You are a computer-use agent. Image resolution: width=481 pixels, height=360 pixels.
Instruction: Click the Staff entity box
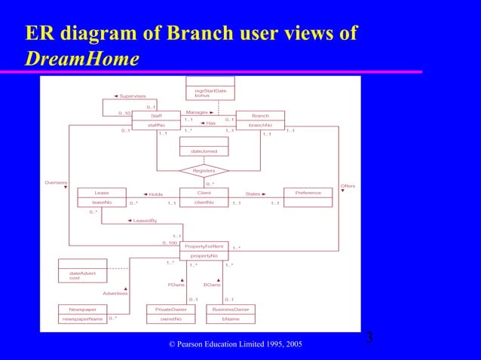(x=156, y=121)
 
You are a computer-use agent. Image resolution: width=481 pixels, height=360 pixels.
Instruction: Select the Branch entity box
(x=260, y=121)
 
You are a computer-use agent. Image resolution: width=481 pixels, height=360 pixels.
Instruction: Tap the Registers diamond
(x=204, y=171)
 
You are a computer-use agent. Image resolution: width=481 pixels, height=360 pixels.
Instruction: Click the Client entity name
(x=204, y=193)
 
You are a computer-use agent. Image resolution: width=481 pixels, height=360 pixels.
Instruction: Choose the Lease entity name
(x=101, y=193)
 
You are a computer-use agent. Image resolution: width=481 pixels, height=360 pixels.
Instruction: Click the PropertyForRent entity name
(x=204, y=246)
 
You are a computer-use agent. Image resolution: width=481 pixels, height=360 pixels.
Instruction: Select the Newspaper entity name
(x=82, y=309)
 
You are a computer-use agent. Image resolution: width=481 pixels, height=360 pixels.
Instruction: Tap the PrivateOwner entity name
(x=170, y=309)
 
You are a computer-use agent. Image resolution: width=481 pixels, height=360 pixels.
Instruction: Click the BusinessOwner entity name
(x=231, y=309)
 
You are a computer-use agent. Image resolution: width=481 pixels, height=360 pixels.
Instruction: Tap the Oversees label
(x=55, y=182)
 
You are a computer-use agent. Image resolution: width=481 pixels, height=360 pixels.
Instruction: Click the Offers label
(x=348, y=185)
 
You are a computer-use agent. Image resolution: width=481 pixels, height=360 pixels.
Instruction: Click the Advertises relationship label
(x=115, y=292)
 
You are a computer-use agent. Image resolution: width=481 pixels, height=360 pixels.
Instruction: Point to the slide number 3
(x=369, y=336)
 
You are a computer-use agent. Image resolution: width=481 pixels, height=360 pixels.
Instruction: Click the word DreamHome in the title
(x=81, y=57)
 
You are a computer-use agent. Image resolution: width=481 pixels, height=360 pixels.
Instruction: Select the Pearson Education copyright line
(x=237, y=344)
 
